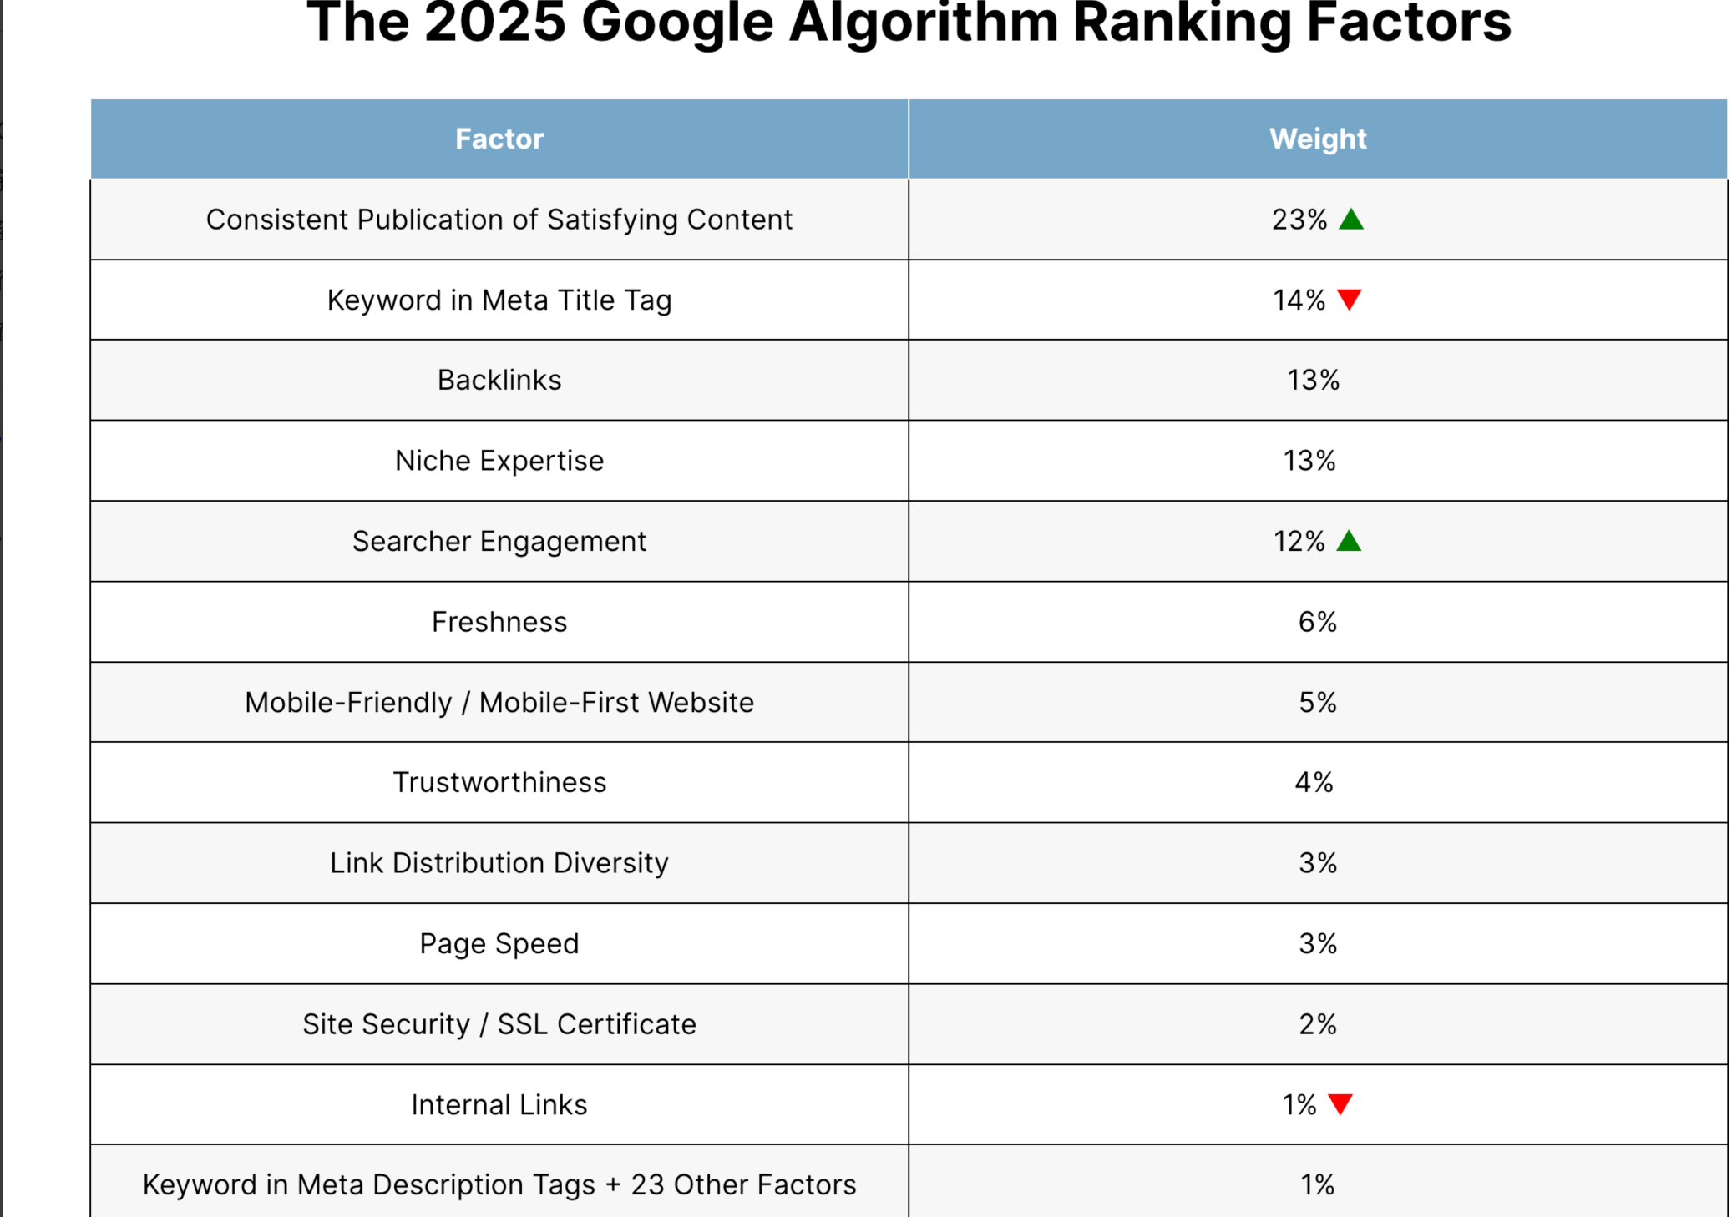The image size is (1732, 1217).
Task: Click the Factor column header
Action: tap(499, 139)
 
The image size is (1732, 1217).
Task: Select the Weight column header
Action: tap(1318, 139)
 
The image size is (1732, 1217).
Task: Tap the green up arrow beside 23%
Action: tap(1351, 220)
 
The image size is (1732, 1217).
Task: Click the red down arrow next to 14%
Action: tap(1350, 300)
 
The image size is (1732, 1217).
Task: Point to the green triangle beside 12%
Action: tap(1349, 541)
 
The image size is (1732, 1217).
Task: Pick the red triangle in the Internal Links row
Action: tap(1340, 1104)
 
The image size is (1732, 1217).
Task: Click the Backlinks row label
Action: tap(499, 381)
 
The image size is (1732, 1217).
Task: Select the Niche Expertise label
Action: tap(499, 461)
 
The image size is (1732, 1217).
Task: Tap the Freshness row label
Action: tap(499, 622)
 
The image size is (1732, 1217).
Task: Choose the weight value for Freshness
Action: tap(1318, 622)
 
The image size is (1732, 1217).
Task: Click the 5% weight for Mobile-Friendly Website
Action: tap(1318, 703)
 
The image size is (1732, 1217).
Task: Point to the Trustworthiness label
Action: tap(499, 783)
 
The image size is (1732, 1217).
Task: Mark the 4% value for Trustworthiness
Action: tap(1314, 783)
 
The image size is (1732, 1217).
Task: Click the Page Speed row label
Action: tap(499, 944)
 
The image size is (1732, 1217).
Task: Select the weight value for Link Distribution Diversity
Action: tap(1318, 863)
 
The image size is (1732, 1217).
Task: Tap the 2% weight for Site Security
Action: tap(1318, 1024)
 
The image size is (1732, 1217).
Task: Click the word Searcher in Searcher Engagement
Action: tap(412, 541)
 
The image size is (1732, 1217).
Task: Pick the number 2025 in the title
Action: tap(495, 23)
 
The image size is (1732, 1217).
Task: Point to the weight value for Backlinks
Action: tap(1314, 381)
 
